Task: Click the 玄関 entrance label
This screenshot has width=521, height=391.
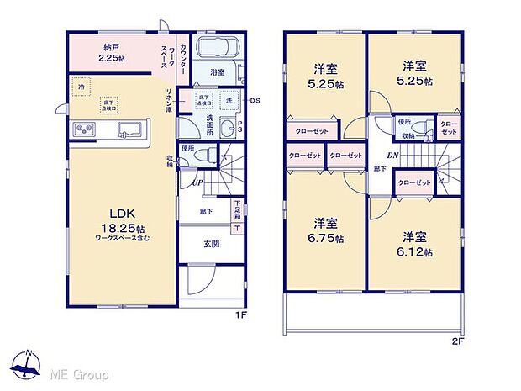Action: point(211,245)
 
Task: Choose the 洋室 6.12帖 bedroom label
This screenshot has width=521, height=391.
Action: point(417,244)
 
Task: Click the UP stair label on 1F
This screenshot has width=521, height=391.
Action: point(196,181)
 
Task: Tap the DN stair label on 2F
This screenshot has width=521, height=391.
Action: point(392,155)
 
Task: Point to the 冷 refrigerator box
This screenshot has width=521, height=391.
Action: point(82,87)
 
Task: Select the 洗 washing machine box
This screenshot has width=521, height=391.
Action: point(228,101)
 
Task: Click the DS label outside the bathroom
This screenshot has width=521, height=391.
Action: point(255,102)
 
